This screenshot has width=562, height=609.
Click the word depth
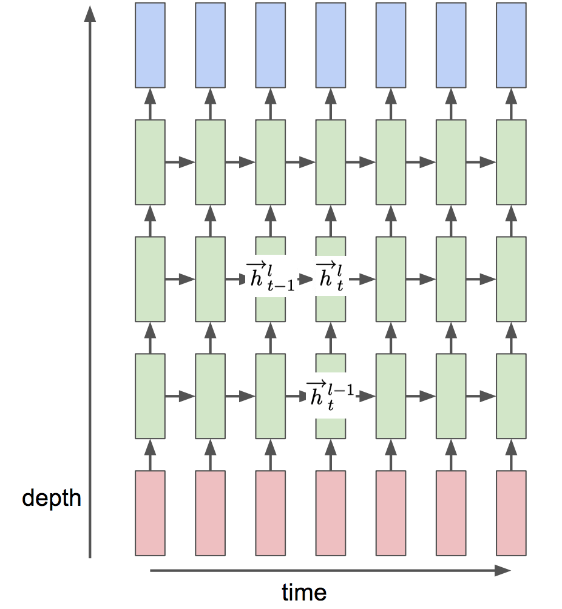click(x=52, y=498)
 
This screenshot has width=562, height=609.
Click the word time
click(x=304, y=591)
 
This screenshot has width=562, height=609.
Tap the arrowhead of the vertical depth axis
click(x=90, y=13)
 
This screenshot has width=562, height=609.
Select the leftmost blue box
click(x=150, y=45)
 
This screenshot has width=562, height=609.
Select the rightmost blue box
click(x=511, y=45)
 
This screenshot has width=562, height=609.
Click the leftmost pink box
click(x=150, y=513)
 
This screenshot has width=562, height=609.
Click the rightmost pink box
click(x=511, y=513)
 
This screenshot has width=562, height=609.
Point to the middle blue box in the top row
click(x=330, y=45)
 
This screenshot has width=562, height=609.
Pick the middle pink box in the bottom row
click(x=330, y=513)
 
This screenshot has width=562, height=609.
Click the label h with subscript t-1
click(x=269, y=276)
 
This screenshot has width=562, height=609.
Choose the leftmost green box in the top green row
click(x=150, y=162)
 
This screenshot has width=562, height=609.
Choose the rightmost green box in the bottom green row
click(x=511, y=396)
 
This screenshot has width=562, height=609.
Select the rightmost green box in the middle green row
click(x=511, y=279)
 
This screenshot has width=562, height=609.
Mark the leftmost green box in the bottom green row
click(x=150, y=396)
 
